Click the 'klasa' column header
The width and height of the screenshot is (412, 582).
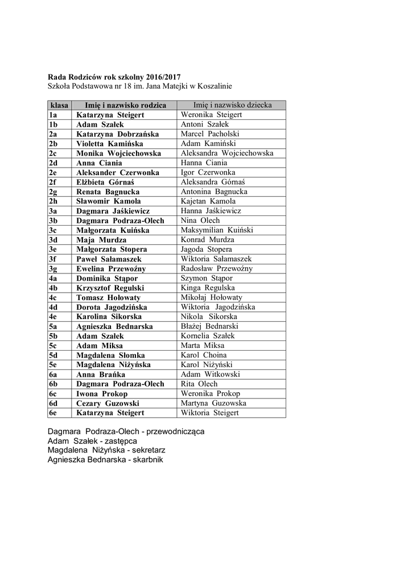pyautogui.click(x=59, y=105)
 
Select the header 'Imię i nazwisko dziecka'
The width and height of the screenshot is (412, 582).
pyautogui.click(x=232, y=105)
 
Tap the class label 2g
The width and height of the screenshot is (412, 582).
pyautogui.click(x=53, y=192)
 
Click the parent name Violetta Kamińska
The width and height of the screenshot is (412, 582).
pyautogui.click(x=110, y=144)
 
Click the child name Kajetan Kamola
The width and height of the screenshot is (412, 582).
pyautogui.click(x=208, y=201)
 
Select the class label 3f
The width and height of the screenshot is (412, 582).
pyautogui.click(x=53, y=259)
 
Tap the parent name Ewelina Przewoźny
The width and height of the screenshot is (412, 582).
pyautogui.click(x=111, y=269)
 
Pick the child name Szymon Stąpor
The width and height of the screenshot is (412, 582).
pyautogui.click(x=207, y=278)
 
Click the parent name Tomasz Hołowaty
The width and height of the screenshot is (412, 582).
pyautogui.click(x=108, y=297)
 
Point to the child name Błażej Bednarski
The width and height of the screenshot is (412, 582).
pyautogui.click(x=210, y=326)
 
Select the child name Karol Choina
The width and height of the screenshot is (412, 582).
pyautogui.click(x=203, y=355)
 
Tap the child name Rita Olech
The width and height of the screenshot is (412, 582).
pyautogui.click(x=199, y=384)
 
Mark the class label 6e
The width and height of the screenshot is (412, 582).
pyautogui.click(x=53, y=413)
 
